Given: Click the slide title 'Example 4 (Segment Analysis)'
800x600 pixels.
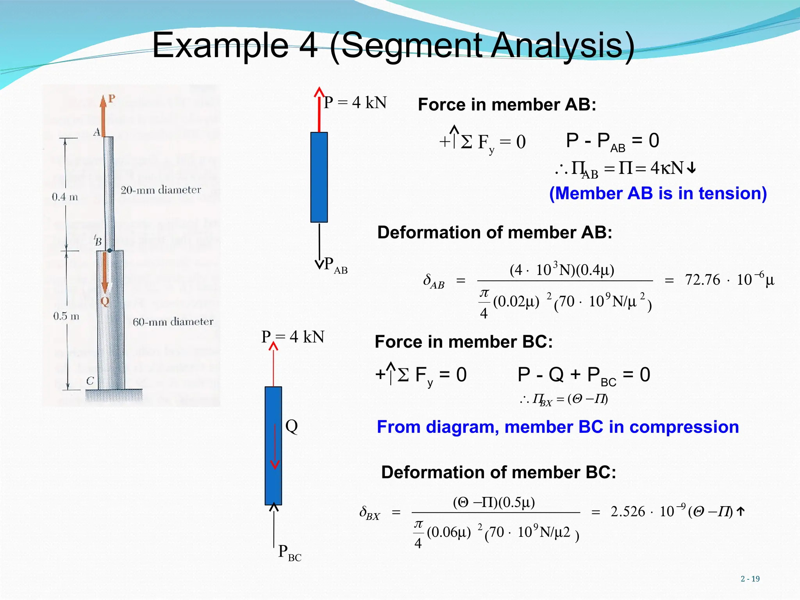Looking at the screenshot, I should pos(393,46).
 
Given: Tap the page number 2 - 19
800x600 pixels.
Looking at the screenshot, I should pos(750,579).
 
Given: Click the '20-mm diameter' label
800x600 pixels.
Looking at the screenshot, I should pos(161,190).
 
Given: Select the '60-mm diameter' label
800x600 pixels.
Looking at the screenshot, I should pos(173,322).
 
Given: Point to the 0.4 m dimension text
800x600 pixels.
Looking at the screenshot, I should pos(65,197).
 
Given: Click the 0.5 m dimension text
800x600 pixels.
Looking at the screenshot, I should pos(66,316).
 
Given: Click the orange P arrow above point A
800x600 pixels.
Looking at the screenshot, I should pos(103,115).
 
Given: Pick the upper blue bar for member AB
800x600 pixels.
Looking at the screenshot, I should pos(319,177).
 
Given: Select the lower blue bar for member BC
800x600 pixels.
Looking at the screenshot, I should pos(273,445).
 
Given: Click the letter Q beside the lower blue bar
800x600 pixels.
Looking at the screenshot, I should pos(291,426).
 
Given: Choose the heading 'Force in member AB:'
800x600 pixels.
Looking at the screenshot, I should pos(507,105).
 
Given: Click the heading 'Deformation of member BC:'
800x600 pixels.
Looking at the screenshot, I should pos(498,472).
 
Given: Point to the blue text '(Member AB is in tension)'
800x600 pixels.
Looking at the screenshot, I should pos(658,193).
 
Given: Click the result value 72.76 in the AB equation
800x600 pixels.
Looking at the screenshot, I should pos(702,280).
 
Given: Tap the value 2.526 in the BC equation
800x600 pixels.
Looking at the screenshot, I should pos(628,512).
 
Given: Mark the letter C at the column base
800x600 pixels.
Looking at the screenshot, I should pos(90,381).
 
